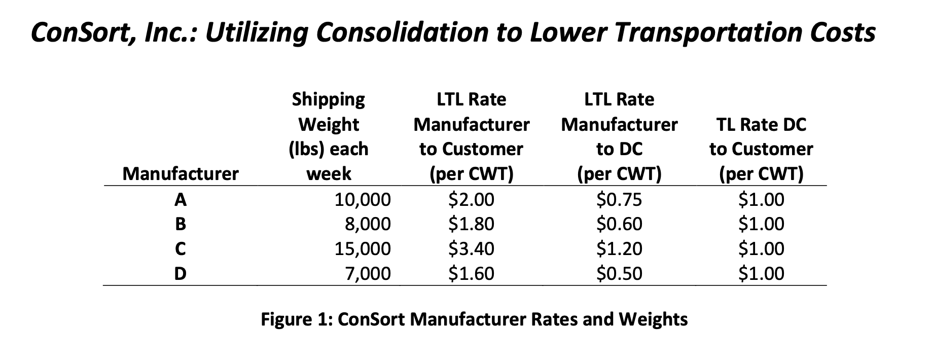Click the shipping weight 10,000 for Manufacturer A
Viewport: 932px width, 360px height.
363,200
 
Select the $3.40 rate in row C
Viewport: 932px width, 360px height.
471,249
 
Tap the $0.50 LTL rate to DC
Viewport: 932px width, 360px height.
619,274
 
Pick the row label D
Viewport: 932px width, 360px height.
180,274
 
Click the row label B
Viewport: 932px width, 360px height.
180,224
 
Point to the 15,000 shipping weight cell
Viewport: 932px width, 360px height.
363,249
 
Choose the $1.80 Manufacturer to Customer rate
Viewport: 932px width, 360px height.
471,224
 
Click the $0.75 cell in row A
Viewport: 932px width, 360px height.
619,200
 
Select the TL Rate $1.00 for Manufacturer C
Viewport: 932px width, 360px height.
761,249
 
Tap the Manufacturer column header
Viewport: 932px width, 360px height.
180,174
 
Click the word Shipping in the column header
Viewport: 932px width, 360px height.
328,99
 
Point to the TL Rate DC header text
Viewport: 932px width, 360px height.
761,124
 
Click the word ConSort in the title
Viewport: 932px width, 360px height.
81,32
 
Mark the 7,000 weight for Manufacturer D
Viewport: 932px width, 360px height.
368,274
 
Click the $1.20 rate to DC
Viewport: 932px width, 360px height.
619,249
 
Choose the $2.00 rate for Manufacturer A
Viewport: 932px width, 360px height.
471,200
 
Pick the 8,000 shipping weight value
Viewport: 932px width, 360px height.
368,224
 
